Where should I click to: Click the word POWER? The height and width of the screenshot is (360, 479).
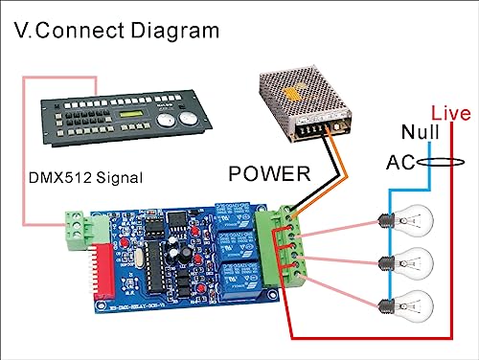pos(269,174)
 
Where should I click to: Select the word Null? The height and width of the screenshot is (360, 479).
pos(421,133)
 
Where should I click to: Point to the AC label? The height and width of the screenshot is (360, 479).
pos(400,162)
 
